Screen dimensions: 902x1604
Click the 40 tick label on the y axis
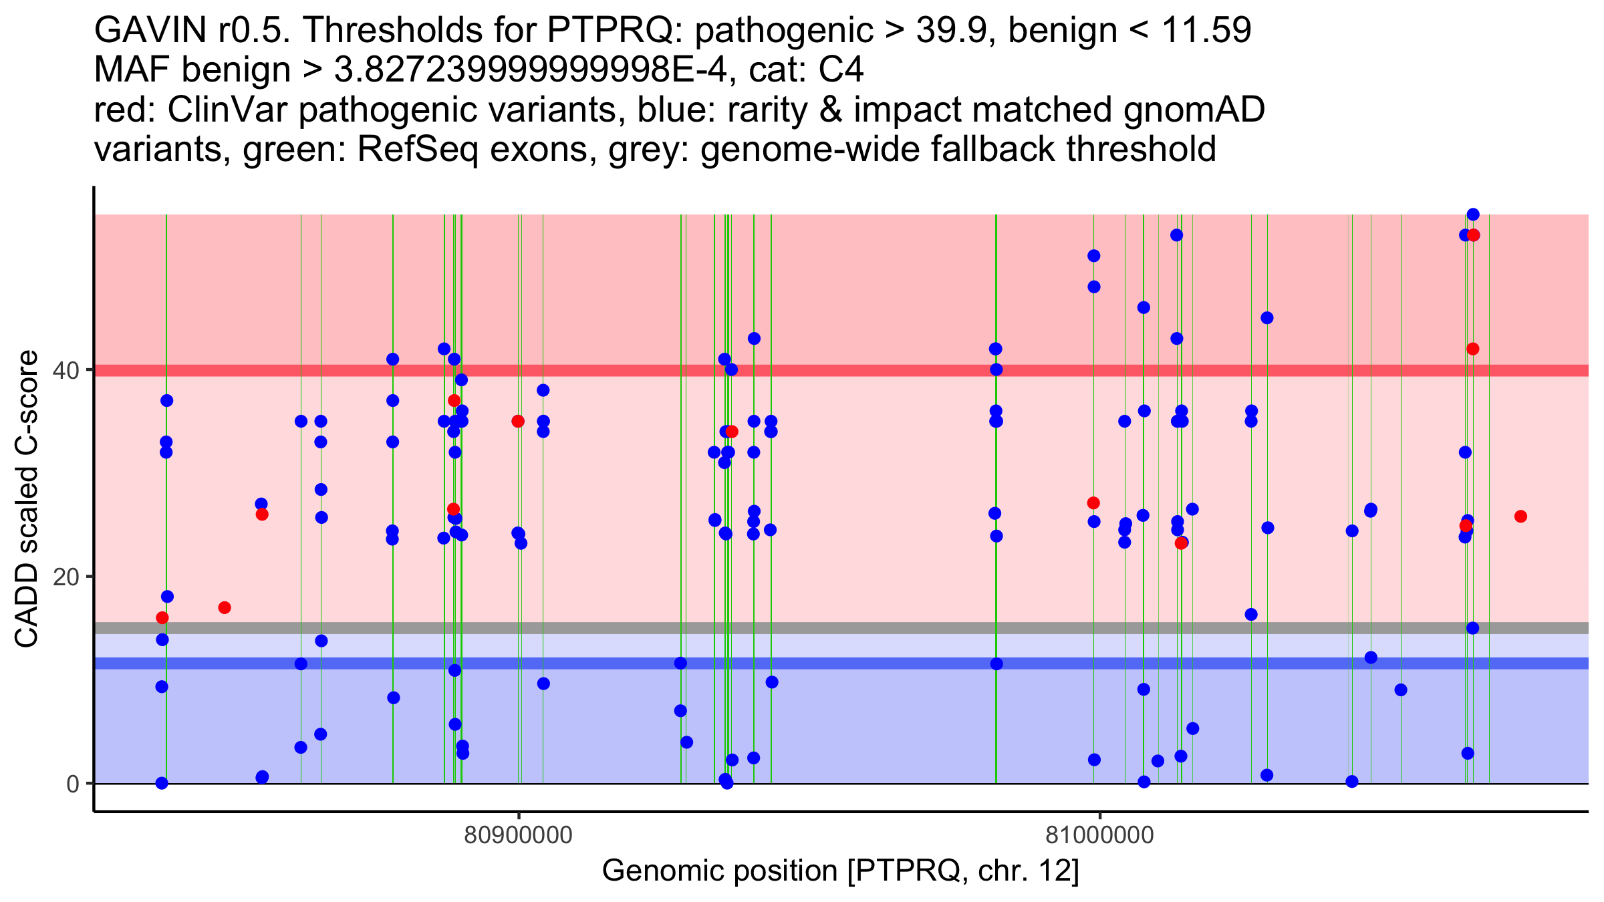point(66,370)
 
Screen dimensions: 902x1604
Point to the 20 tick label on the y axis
point(66,577)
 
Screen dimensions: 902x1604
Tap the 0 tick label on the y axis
point(73,783)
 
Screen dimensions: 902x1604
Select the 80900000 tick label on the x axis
point(519,835)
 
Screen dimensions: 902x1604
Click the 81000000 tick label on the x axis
point(1099,835)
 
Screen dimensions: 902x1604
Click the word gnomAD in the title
point(1194,110)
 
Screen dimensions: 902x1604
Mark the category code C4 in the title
point(841,70)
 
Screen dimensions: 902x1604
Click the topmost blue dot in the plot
point(1473,214)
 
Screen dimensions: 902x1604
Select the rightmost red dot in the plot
point(1520,516)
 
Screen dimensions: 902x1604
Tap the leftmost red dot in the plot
point(162,618)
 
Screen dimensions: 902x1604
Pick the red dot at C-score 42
point(1473,349)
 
